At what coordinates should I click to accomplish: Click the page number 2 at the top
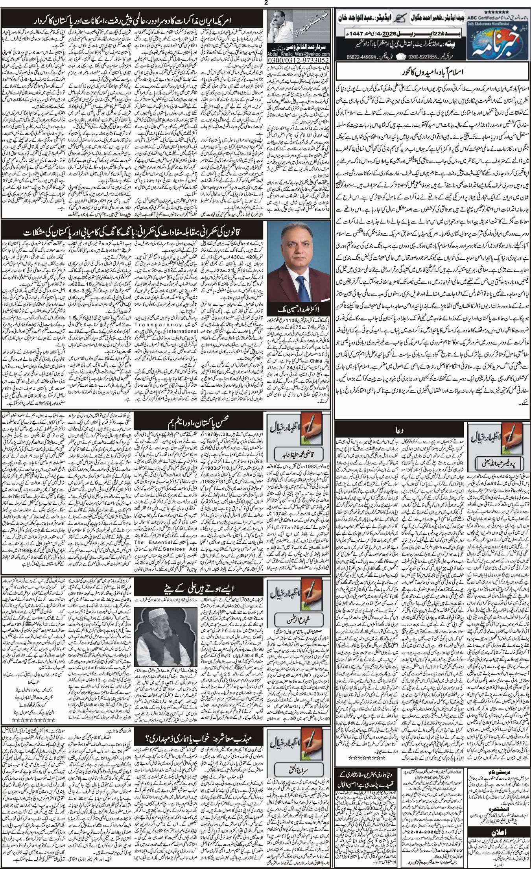point(265,3)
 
